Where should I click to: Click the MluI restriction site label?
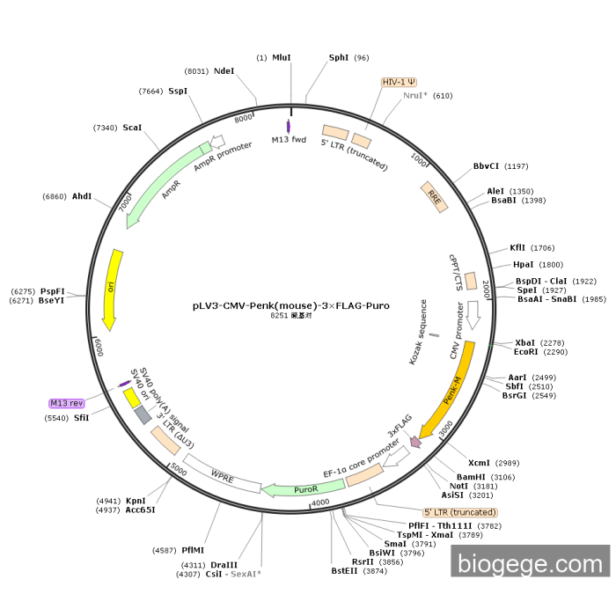pos(282,57)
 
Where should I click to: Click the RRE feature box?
pos(435,196)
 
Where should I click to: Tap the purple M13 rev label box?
pos(72,403)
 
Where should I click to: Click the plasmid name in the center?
pos(291,306)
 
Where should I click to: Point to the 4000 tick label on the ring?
pos(320,502)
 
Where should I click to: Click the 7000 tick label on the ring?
pos(125,202)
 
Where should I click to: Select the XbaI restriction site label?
pos(524,342)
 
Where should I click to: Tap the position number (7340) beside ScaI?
pos(105,128)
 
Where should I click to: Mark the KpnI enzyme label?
pos(136,501)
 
